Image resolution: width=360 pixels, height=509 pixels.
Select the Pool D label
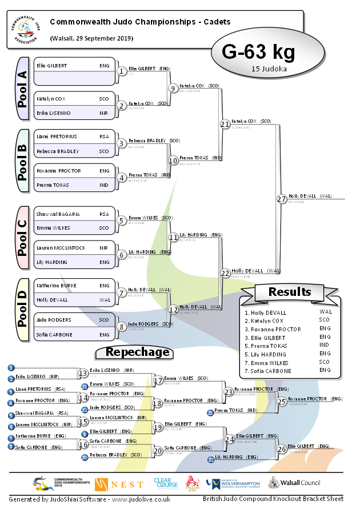22,311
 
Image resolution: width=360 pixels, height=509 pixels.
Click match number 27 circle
281,199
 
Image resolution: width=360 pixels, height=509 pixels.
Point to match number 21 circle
225,123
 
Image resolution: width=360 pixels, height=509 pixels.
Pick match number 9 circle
173,88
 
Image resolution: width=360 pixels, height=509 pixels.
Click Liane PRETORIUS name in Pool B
57,137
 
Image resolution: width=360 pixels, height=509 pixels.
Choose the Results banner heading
290,292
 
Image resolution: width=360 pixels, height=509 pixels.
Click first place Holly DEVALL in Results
265,312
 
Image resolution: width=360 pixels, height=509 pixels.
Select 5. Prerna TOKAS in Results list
267,346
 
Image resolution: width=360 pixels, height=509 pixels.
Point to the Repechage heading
138,352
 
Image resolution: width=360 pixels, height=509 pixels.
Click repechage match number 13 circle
83,373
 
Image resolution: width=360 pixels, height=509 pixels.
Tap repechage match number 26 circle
282,448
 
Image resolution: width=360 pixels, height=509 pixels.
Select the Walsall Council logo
295,484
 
